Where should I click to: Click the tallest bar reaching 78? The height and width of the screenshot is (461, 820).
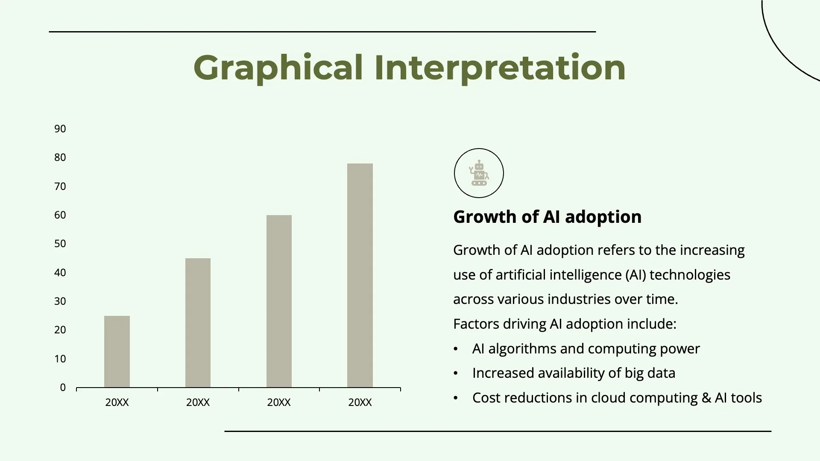pos(360,275)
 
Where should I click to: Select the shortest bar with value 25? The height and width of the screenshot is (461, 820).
pos(117,352)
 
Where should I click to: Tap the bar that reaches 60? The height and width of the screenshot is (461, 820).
pos(279,301)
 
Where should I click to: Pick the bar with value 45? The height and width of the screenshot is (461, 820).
pos(198,323)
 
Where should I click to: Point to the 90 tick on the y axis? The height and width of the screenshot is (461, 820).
pos(60,129)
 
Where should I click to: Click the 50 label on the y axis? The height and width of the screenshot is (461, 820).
pos(60,244)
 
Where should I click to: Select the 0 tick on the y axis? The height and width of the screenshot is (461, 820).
pos(63,388)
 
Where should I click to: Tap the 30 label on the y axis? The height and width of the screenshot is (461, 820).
pos(60,301)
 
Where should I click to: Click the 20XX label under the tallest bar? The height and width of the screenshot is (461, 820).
pos(360,403)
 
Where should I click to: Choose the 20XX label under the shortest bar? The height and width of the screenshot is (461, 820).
pos(117,403)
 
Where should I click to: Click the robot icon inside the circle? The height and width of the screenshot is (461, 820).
pos(479,173)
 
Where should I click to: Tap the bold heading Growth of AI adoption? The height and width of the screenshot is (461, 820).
pos(547,217)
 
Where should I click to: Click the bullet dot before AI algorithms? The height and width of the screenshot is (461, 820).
pos(456,349)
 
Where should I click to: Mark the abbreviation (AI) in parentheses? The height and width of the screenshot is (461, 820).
pos(636,275)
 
